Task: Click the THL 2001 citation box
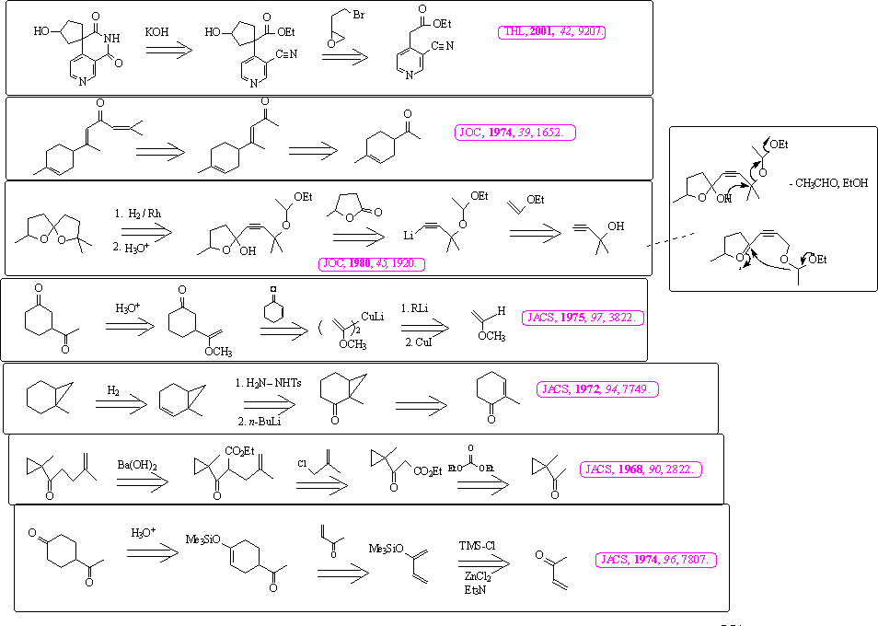tap(554, 31)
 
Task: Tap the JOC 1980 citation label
tap(373, 264)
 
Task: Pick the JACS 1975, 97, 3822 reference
tap(583, 318)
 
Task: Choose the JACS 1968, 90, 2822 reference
tap(641, 469)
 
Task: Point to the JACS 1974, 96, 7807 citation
tap(656, 559)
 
